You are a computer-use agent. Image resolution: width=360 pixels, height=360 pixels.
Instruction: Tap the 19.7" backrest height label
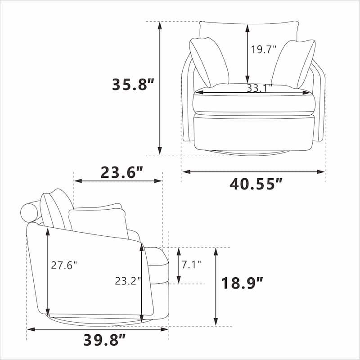(x=264, y=49)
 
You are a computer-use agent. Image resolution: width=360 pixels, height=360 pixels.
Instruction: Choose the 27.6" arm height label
(x=63, y=265)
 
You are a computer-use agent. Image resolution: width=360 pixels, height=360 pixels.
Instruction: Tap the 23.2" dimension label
(x=128, y=281)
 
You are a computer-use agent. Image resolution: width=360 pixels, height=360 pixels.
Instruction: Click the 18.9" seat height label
(x=242, y=283)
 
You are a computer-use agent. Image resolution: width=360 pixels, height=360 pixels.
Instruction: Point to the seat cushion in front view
(x=253, y=101)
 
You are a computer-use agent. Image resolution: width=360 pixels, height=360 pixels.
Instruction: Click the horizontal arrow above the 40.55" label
(x=253, y=171)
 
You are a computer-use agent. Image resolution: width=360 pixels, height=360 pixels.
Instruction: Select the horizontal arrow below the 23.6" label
(x=118, y=181)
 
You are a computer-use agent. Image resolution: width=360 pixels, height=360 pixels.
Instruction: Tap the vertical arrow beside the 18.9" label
(x=216, y=287)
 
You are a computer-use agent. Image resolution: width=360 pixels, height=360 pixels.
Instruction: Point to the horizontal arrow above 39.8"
(x=98, y=329)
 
